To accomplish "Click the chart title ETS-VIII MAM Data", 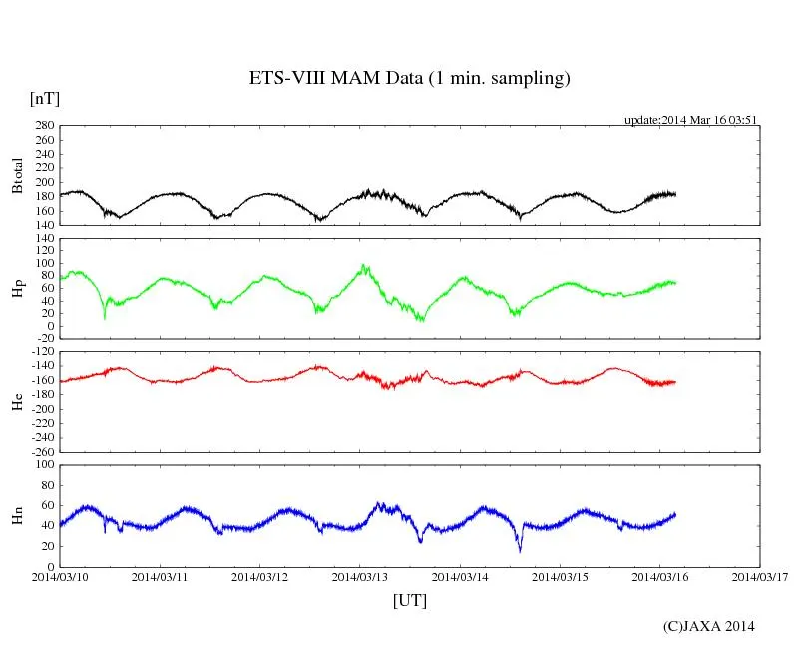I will pos(409,79).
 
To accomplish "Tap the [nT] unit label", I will pos(45,98).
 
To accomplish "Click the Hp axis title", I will pos(17,288).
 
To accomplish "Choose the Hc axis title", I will pos(17,401).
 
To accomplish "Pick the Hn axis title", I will pos(17,515).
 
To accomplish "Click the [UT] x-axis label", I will pos(409,600).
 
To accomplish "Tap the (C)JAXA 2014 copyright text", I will pos(708,626).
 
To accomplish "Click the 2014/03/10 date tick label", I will pos(60,576).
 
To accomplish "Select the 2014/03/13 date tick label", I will pos(361,576).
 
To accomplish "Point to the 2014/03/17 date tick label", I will pos(761,576).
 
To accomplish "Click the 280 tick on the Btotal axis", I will pos(43,126).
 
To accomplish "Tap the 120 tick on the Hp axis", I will pos(43,238).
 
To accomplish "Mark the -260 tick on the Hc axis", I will pos(40,451).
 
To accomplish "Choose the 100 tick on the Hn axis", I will pos(43,464).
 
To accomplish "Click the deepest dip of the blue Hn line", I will pos(519,551).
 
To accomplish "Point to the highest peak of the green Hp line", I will pos(364,265).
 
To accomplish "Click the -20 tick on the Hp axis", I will pos(43,338).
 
